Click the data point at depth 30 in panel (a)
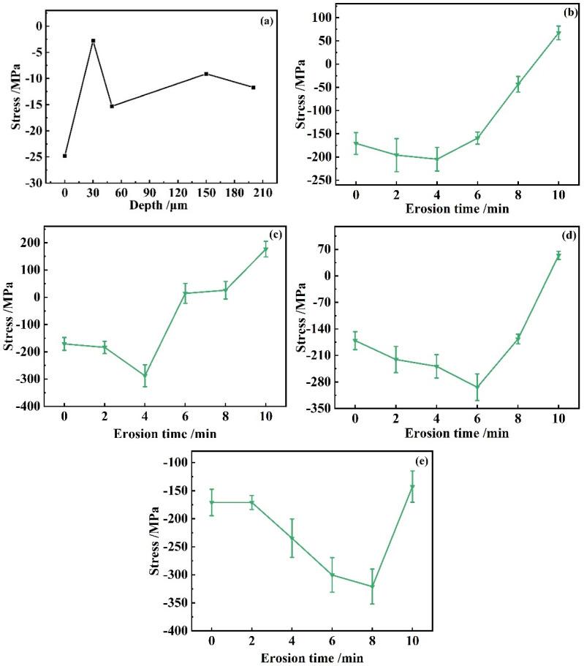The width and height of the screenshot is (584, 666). point(93,41)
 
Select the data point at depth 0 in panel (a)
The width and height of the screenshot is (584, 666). point(65,156)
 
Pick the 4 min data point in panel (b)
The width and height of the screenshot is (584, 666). point(437,159)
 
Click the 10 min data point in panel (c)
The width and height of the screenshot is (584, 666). point(266,249)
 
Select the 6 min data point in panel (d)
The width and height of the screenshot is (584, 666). point(477,387)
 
